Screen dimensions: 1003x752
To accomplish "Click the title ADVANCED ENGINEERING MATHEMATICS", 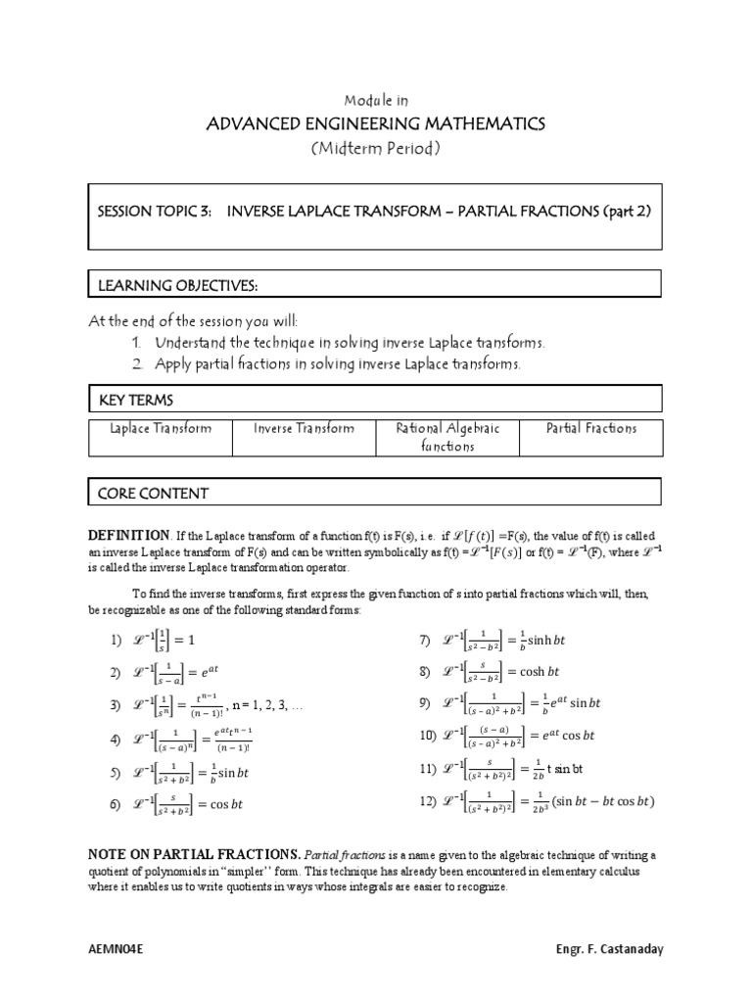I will [375, 123].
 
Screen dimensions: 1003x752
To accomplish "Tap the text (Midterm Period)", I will [375, 148].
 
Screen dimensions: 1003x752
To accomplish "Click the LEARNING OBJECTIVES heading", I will [177, 284].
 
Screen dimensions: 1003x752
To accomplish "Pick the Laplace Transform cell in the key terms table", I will [160, 428].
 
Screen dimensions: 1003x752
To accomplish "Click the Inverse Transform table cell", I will [304, 428].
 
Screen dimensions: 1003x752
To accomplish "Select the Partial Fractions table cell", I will [591, 428].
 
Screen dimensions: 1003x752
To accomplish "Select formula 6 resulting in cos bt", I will [175, 805].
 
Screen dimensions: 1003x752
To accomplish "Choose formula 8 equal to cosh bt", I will [489, 673].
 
